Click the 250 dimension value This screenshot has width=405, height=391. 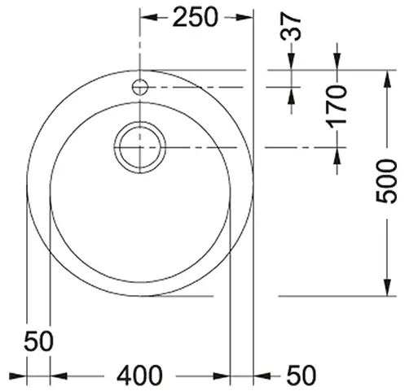195,17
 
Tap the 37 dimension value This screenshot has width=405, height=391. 291,26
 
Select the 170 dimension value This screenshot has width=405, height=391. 337,106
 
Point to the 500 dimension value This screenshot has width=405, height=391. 386,181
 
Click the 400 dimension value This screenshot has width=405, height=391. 139,376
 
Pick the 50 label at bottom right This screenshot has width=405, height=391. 302,376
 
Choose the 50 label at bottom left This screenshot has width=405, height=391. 38,341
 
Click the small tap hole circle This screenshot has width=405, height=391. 140,87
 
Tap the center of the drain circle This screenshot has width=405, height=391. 140,147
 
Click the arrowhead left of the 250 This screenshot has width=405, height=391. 148,18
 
